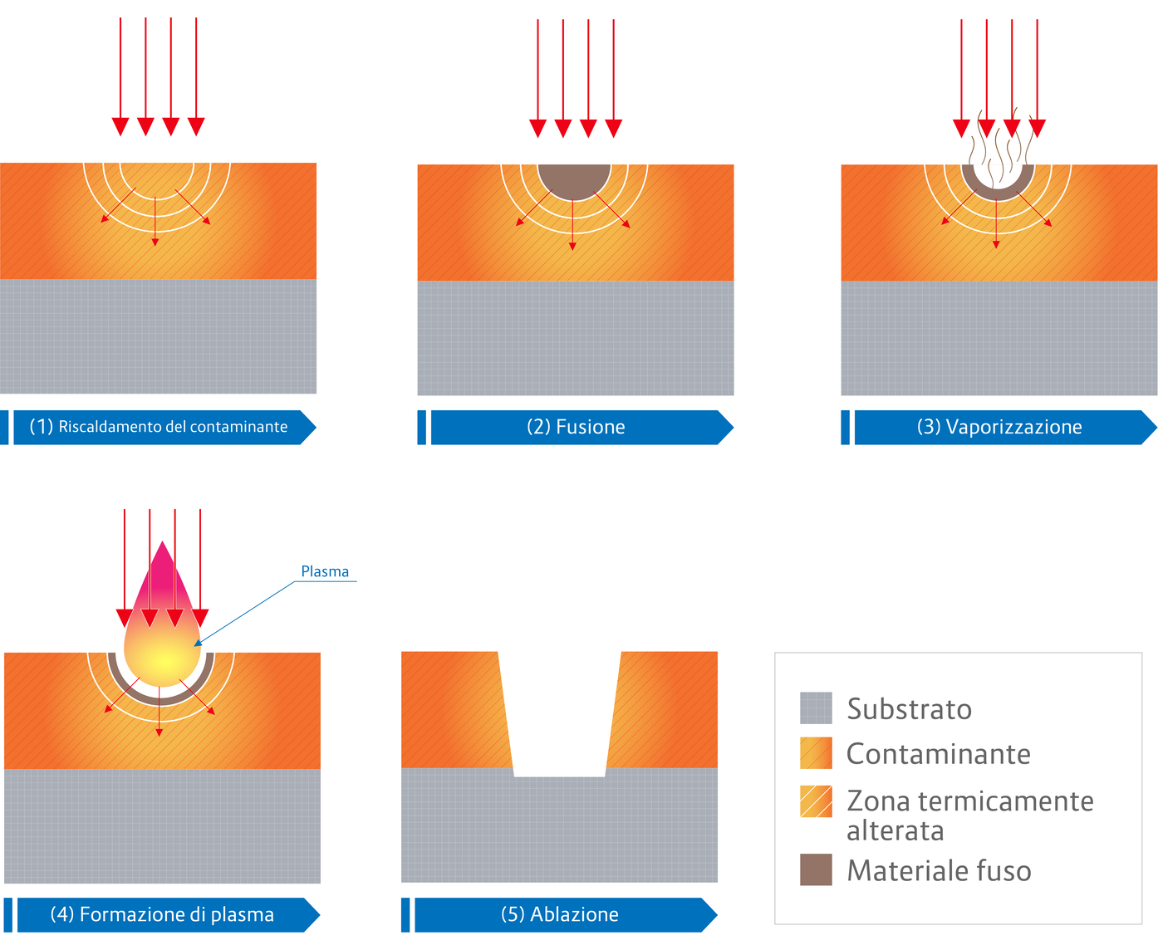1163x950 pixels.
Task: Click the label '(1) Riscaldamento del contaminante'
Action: [x=159, y=427]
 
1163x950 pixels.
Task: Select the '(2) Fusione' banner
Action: [x=576, y=427]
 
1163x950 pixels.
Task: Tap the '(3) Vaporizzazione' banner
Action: [x=999, y=427]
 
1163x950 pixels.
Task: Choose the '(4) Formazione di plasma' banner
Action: [x=162, y=914]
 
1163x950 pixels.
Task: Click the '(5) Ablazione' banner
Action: [x=560, y=914]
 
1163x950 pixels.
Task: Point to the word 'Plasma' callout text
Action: [x=325, y=571]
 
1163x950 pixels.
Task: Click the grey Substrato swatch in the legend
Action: [x=816, y=708]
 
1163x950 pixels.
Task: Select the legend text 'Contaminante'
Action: [x=938, y=754]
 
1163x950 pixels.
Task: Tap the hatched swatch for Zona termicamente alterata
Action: [x=816, y=801]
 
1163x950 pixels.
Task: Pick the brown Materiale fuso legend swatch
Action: [x=816, y=869]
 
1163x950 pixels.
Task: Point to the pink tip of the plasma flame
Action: [x=163, y=565]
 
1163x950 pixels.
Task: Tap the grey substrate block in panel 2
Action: [x=576, y=339]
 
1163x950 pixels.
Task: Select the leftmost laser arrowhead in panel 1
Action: [x=120, y=126]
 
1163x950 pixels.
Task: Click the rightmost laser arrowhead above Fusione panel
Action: [x=613, y=128]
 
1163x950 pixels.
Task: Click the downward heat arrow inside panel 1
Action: [x=155, y=228]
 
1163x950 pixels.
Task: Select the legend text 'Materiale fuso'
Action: [x=939, y=870]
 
